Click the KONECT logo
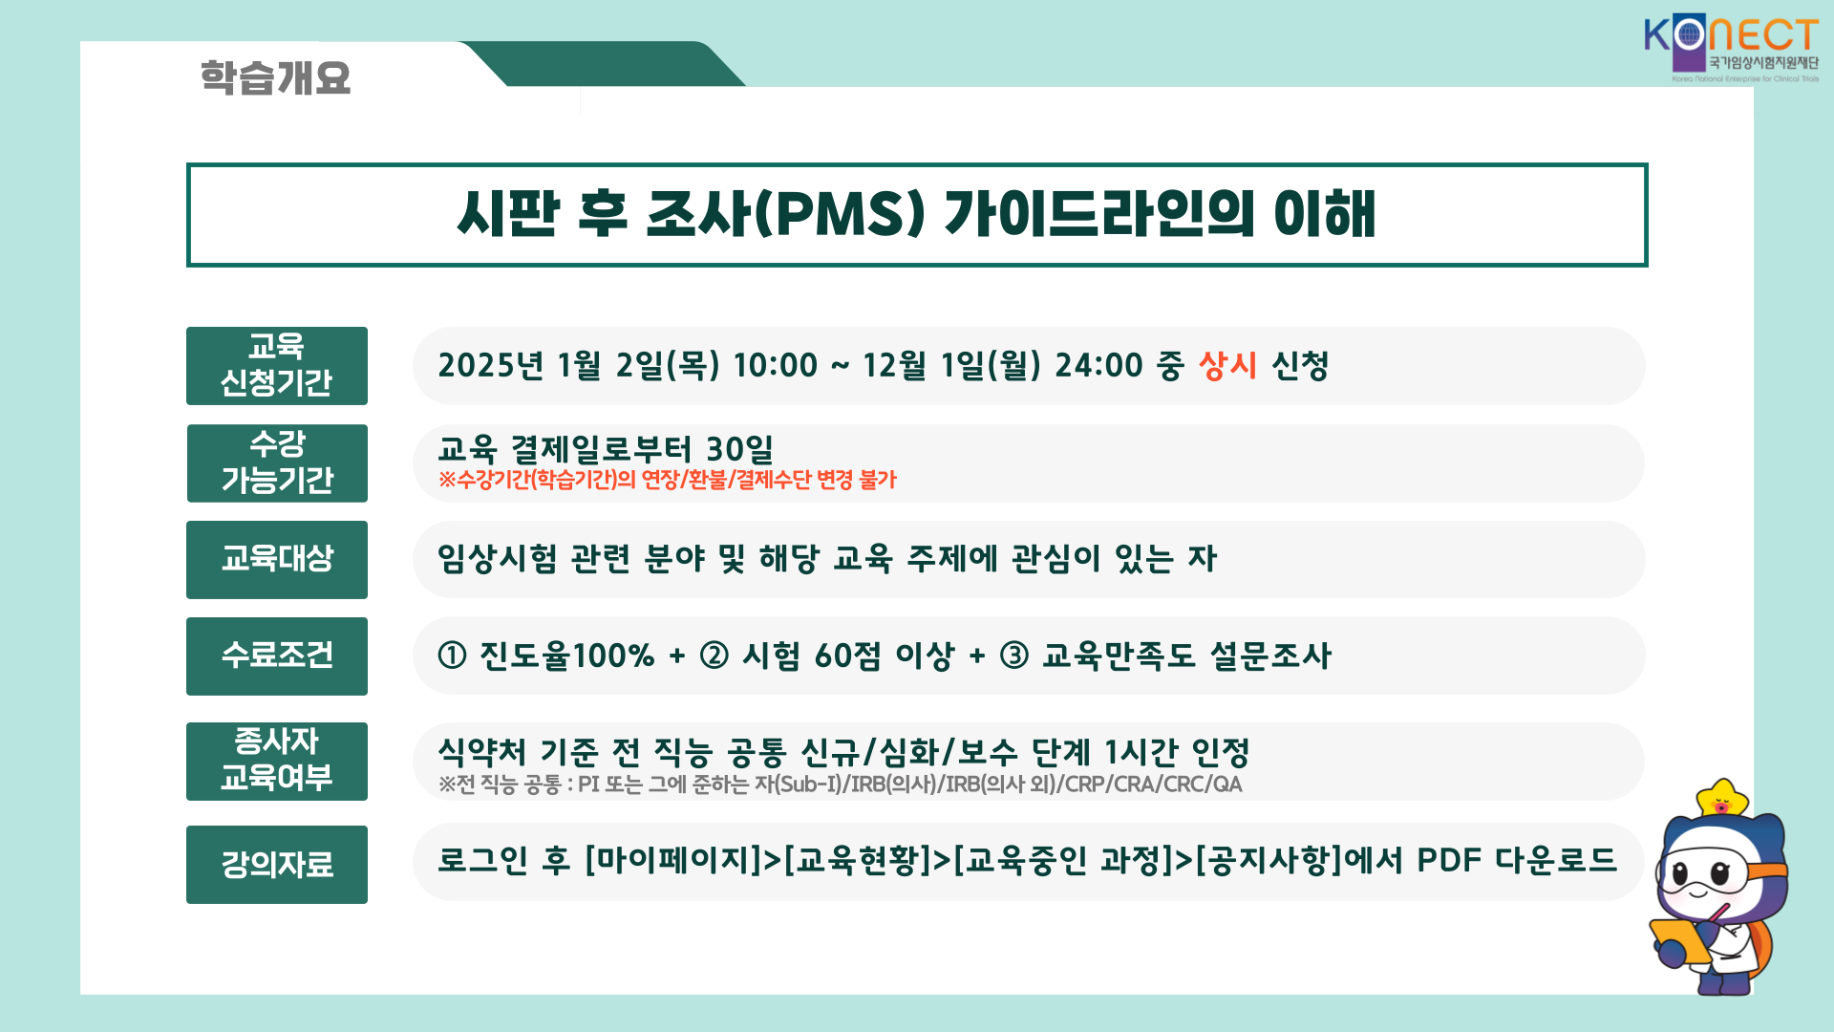click(x=1731, y=49)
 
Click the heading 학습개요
click(x=275, y=77)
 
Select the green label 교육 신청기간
click(x=277, y=365)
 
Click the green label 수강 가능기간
click(x=277, y=462)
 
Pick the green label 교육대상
click(x=277, y=559)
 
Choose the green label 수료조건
click(x=277, y=656)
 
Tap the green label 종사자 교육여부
click(x=277, y=761)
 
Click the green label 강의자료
click(x=277, y=864)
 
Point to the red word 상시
click(x=1227, y=365)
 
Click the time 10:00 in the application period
click(x=776, y=365)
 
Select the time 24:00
click(x=1098, y=365)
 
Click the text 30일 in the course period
click(x=739, y=448)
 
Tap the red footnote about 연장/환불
click(x=668, y=480)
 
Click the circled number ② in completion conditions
click(x=714, y=656)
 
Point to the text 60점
click(x=847, y=656)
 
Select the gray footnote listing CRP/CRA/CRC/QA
click(x=841, y=785)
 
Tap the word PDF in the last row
click(x=1450, y=860)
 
